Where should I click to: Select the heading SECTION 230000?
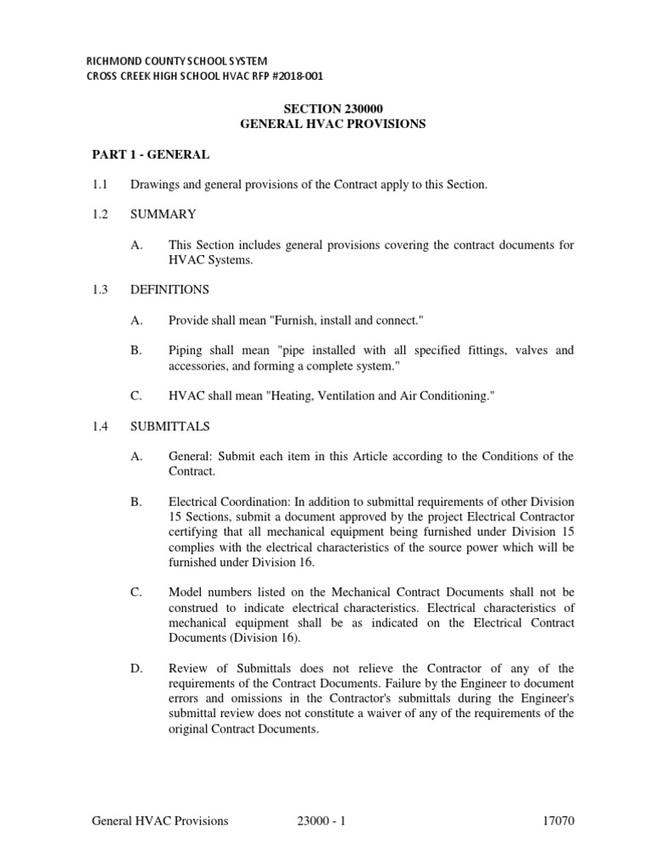(x=334, y=108)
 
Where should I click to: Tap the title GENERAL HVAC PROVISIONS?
(x=333, y=124)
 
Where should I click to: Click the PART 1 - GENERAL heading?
(x=150, y=154)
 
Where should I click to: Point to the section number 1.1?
(x=99, y=185)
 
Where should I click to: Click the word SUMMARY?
(x=163, y=214)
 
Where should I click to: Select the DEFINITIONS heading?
(x=169, y=290)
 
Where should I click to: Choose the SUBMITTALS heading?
(x=170, y=426)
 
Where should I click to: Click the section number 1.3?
(x=99, y=290)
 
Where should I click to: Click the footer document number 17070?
(x=559, y=821)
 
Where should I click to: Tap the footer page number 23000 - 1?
(x=321, y=821)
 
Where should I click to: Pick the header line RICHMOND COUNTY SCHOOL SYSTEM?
(x=178, y=62)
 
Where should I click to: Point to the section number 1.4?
(x=99, y=426)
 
